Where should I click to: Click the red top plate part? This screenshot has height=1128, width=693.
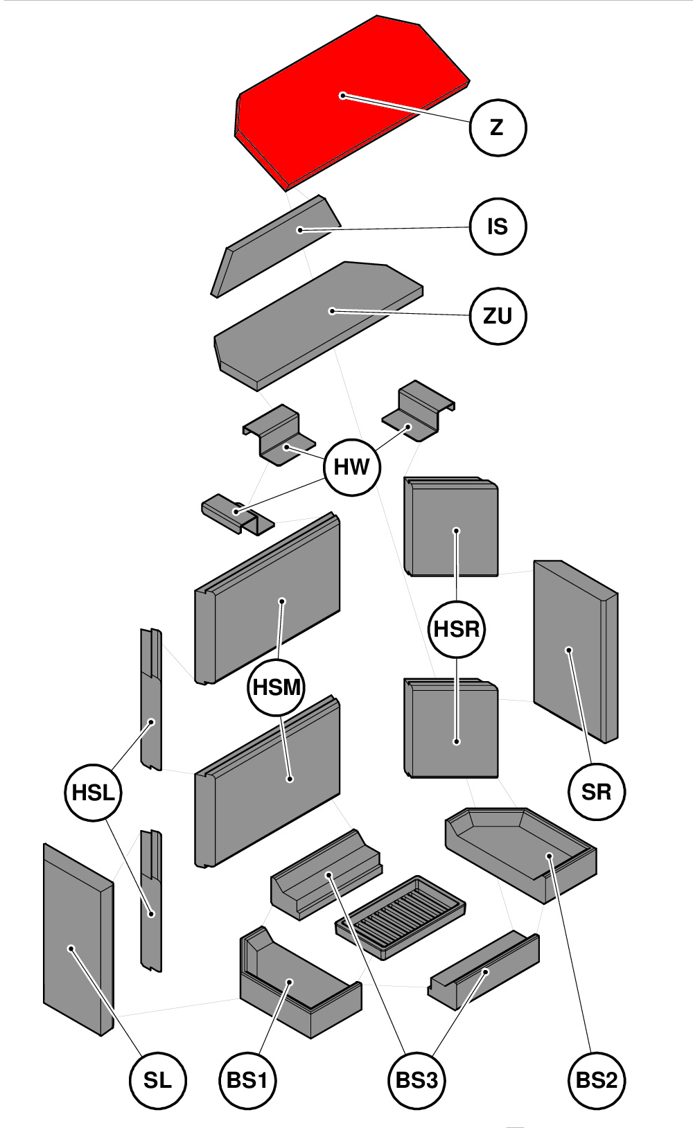click(346, 97)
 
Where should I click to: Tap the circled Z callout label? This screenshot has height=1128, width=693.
click(498, 127)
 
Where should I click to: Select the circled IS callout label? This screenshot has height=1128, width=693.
click(498, 227)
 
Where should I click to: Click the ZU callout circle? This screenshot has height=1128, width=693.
click(498, 316)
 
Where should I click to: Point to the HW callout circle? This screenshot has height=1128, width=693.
click(352, 467)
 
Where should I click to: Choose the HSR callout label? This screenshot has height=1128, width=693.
click(457, 629)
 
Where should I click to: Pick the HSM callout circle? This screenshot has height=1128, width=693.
click(277, 687)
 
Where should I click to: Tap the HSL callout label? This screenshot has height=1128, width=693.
click(93, 792)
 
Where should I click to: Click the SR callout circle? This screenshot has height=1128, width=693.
click(596, 791)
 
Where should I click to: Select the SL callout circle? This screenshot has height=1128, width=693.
click(157, 1079)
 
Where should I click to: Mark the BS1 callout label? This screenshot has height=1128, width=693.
click(247, 1079)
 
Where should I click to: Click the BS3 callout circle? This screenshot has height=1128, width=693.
click(416, 1079)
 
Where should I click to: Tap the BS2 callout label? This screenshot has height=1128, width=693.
click(596, 1079)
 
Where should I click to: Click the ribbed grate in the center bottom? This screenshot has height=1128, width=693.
click(401, 916)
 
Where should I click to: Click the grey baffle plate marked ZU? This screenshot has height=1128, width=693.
click(319, 319)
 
